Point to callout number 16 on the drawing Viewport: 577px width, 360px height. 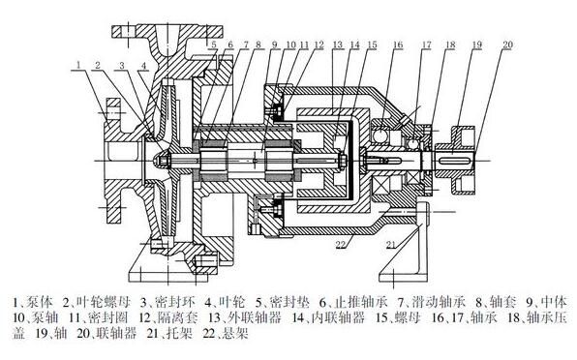398,45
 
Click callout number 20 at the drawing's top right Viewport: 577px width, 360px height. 507,45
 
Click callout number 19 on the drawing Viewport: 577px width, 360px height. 477,45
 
